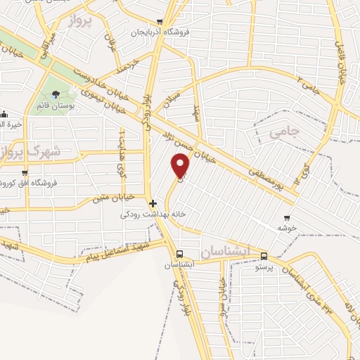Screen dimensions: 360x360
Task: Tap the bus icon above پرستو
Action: pyautogui.click(x=264, y=256)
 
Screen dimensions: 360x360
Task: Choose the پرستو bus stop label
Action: pyautogui.click(x=264, y=267)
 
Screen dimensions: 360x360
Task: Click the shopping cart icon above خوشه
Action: pyautogui.click(x=286, y=217)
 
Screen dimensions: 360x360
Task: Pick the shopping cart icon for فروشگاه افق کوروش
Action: pyautogui.click(x=25, y=173)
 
